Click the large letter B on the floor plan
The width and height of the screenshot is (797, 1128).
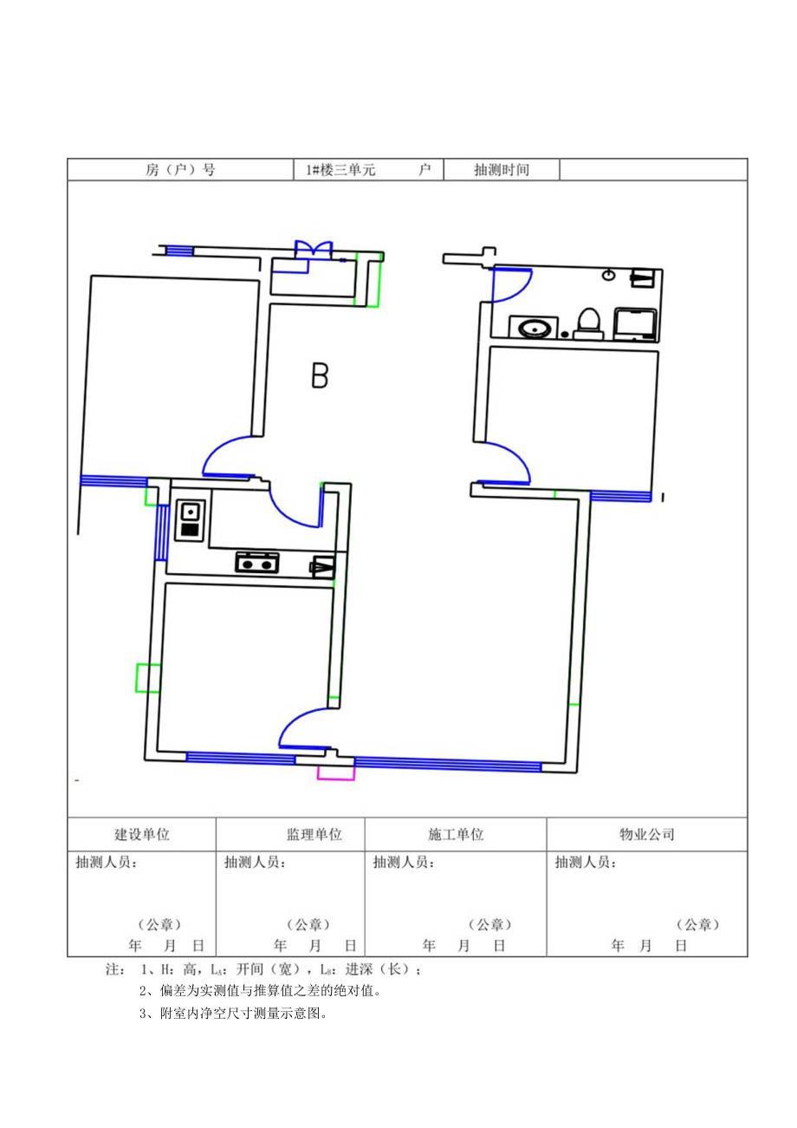click(320, 376)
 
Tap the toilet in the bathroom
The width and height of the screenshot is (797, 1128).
click(588, 323)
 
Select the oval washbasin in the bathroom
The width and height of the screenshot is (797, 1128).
click(533, 328)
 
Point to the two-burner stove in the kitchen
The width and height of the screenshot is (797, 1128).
click(257, 563)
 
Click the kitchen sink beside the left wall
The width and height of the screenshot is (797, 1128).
click(189, 519)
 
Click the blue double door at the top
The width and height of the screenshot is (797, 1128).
click(313, 250)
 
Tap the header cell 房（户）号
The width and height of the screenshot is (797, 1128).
click(180, 170)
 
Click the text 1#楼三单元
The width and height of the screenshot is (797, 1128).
click(340, 170)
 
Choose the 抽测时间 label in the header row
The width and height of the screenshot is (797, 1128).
click(501, 170)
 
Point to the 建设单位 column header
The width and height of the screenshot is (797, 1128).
click(142, 835)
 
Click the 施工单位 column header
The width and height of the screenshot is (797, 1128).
click(456, 835)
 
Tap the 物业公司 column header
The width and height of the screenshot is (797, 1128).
click(646, 835)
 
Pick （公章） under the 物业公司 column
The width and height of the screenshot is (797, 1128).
click(697, 925)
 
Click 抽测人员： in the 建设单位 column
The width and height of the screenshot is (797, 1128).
click(107, 863)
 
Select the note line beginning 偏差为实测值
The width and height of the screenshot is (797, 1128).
click(260, 990)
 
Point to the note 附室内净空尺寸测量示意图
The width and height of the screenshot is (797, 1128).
click(234, 1013)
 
